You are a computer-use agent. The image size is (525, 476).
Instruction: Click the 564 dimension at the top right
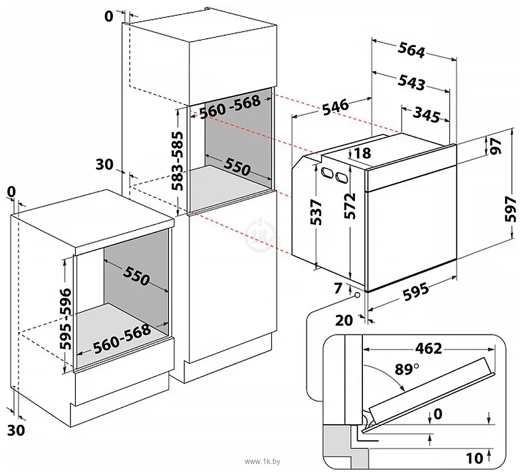(411, 51)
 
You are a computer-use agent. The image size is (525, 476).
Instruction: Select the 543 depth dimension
(411, 82)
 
